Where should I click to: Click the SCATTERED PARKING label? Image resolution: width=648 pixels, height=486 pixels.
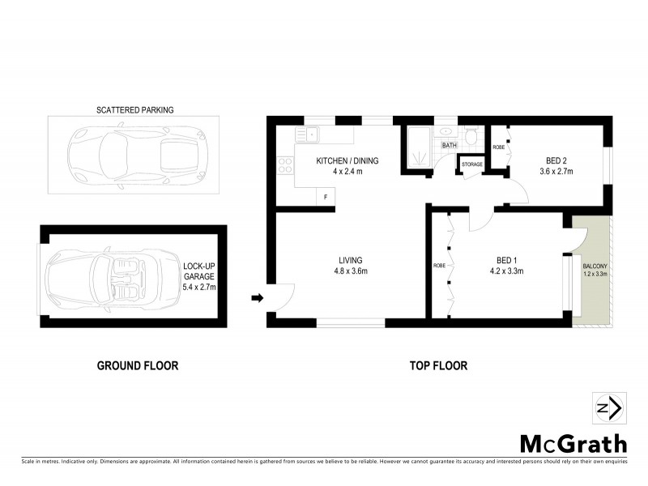(135, 109)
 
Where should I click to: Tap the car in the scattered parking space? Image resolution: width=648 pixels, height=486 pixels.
(134, 154)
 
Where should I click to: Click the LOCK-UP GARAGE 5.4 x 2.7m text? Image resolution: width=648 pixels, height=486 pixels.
(199, 276)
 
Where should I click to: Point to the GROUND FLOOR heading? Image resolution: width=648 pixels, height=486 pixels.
(138, 365)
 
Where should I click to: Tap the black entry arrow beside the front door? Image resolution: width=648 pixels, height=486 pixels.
(258, 298)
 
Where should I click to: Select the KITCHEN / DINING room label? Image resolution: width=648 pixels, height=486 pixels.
(347, 165)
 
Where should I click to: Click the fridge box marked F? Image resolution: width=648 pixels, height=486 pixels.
(326, 197)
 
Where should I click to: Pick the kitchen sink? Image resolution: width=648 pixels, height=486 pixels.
(308, 134)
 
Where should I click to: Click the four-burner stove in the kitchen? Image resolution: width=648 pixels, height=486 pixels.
(285, 164)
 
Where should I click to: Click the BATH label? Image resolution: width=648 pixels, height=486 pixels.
(449, 146)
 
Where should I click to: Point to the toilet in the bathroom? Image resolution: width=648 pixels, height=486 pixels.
(471, 134)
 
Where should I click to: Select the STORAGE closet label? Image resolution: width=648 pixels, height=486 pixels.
(472, 164)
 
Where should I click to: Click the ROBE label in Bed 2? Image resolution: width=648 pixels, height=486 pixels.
(499, 147)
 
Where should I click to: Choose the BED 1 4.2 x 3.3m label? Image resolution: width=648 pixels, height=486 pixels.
(506, 266)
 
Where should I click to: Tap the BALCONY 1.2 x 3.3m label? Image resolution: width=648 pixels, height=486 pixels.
(595, 270)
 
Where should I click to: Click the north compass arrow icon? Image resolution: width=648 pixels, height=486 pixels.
(607, 407)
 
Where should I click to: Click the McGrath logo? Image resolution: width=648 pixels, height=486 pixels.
(573, 443)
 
